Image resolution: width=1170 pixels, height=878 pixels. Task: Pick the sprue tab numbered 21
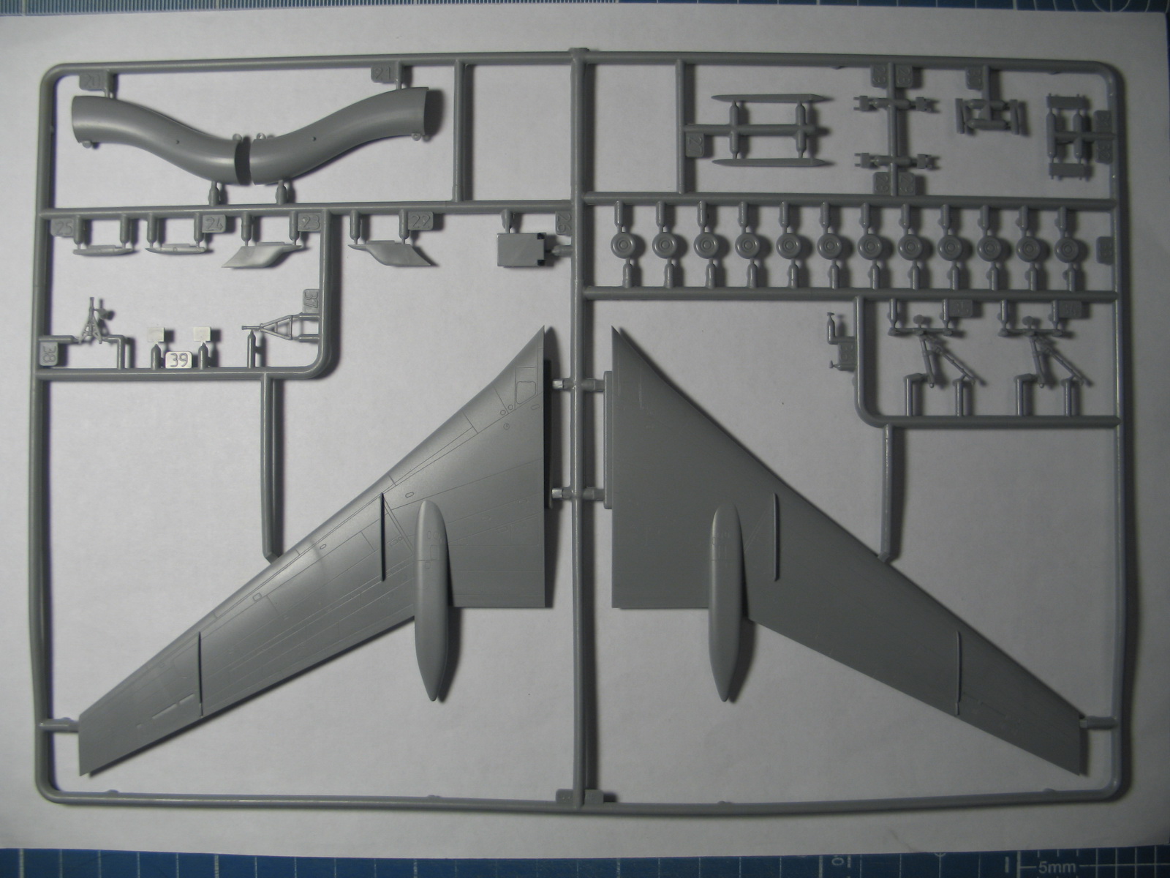pos(383,73)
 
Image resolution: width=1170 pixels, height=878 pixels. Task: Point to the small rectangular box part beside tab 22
pos(520,249)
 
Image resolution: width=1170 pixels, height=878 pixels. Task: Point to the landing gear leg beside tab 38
pos(94,323)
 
